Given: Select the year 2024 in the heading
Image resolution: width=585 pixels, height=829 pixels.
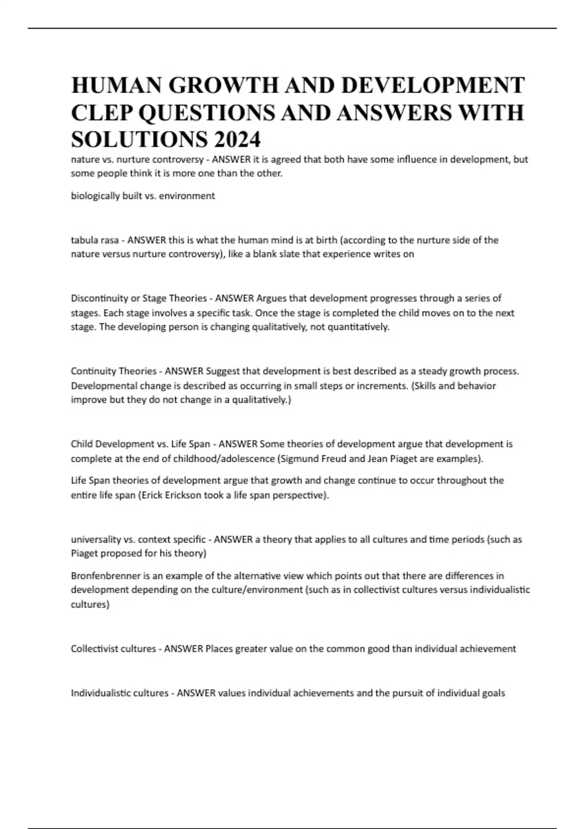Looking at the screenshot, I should coord(236,140).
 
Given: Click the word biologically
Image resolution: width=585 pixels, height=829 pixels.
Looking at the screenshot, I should coord(93,196).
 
